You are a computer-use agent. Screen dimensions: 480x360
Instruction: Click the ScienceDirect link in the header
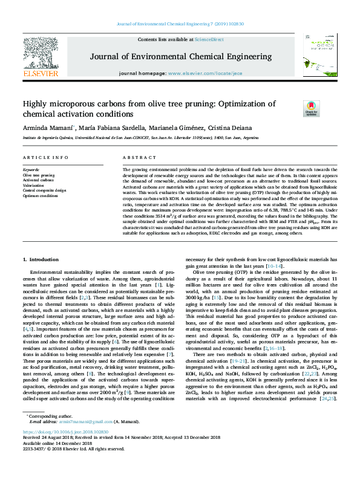pos(209,39)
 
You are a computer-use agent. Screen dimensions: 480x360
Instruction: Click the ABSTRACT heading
pos(136,157)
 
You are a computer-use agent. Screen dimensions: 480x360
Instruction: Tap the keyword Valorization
pos(34,185)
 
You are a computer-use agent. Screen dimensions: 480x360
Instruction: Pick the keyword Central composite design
pos(45,190)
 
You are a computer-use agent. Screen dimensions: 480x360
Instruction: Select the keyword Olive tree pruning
pos(39,175)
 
